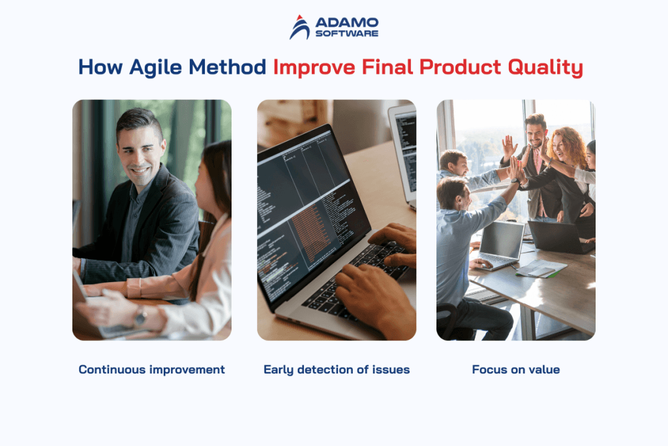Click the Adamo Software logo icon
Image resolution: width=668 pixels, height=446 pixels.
[300, 27]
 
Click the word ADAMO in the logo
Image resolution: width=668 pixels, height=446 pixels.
[346, 23]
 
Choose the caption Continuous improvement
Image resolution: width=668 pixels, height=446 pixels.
[151, 370]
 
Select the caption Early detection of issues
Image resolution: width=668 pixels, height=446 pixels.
[337, 370]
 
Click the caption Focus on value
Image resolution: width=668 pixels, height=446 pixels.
[515, 370]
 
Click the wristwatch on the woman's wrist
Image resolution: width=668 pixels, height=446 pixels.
[140, 317]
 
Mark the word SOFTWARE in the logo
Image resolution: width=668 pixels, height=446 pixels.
[346, 34]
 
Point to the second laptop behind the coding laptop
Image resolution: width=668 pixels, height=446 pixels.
[403, 150]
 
